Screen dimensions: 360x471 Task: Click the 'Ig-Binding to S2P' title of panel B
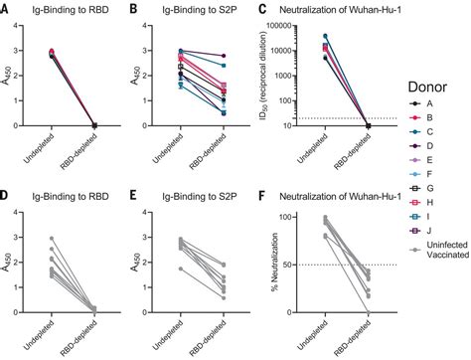204,10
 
